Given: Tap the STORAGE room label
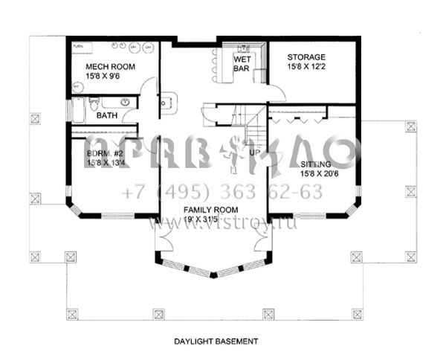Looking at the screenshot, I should point(306,57).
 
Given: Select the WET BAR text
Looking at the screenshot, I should point(242,63).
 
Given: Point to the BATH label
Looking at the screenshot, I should point(107,115).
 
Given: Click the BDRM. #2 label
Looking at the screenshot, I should point(103,153).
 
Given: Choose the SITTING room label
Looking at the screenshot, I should point(317,164).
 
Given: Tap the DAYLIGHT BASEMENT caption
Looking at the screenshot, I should point(216,341).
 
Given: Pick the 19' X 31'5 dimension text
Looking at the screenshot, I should point(205,222).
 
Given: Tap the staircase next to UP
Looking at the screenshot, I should point(255,130).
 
